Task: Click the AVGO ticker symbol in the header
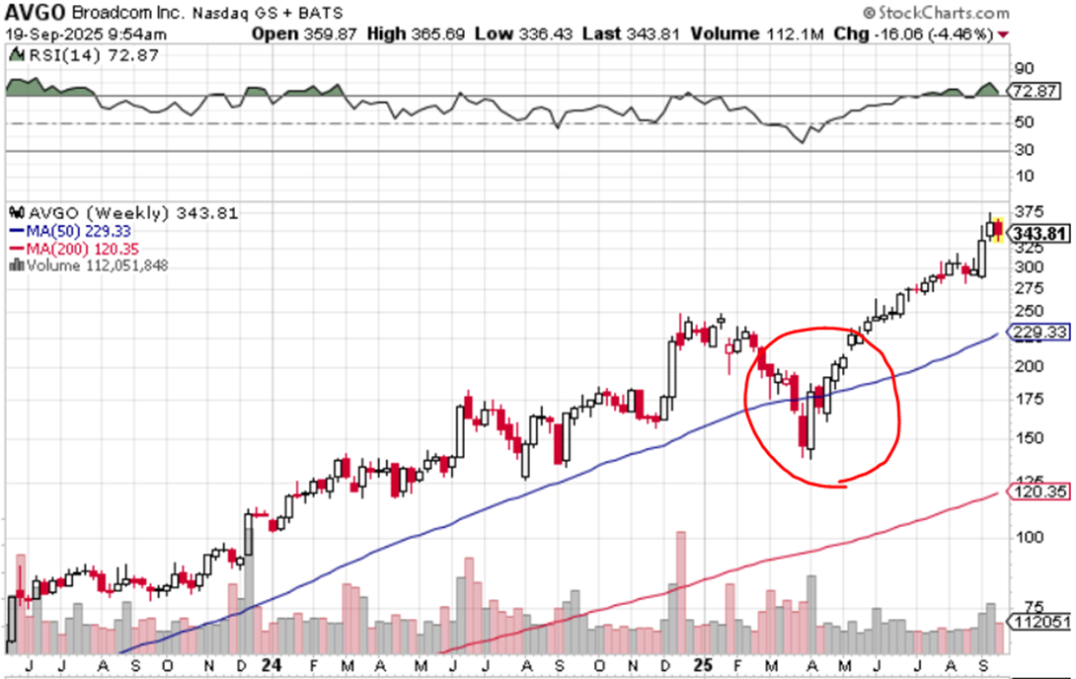[35, 12]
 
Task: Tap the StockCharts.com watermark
[936, 13]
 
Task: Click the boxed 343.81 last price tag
[1039, 233]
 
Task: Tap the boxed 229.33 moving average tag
[1038, 332]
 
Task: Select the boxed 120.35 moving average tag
[1038, 491]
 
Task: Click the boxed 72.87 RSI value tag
[1036, 91]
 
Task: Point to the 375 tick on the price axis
[1029, 211]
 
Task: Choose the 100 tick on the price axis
[1029, 536]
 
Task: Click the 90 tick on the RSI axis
[1024, 68]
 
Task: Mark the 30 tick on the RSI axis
[1024, 149]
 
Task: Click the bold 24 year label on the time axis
[271, 664]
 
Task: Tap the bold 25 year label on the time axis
[703, 664]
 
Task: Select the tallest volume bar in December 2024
[681, 592]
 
